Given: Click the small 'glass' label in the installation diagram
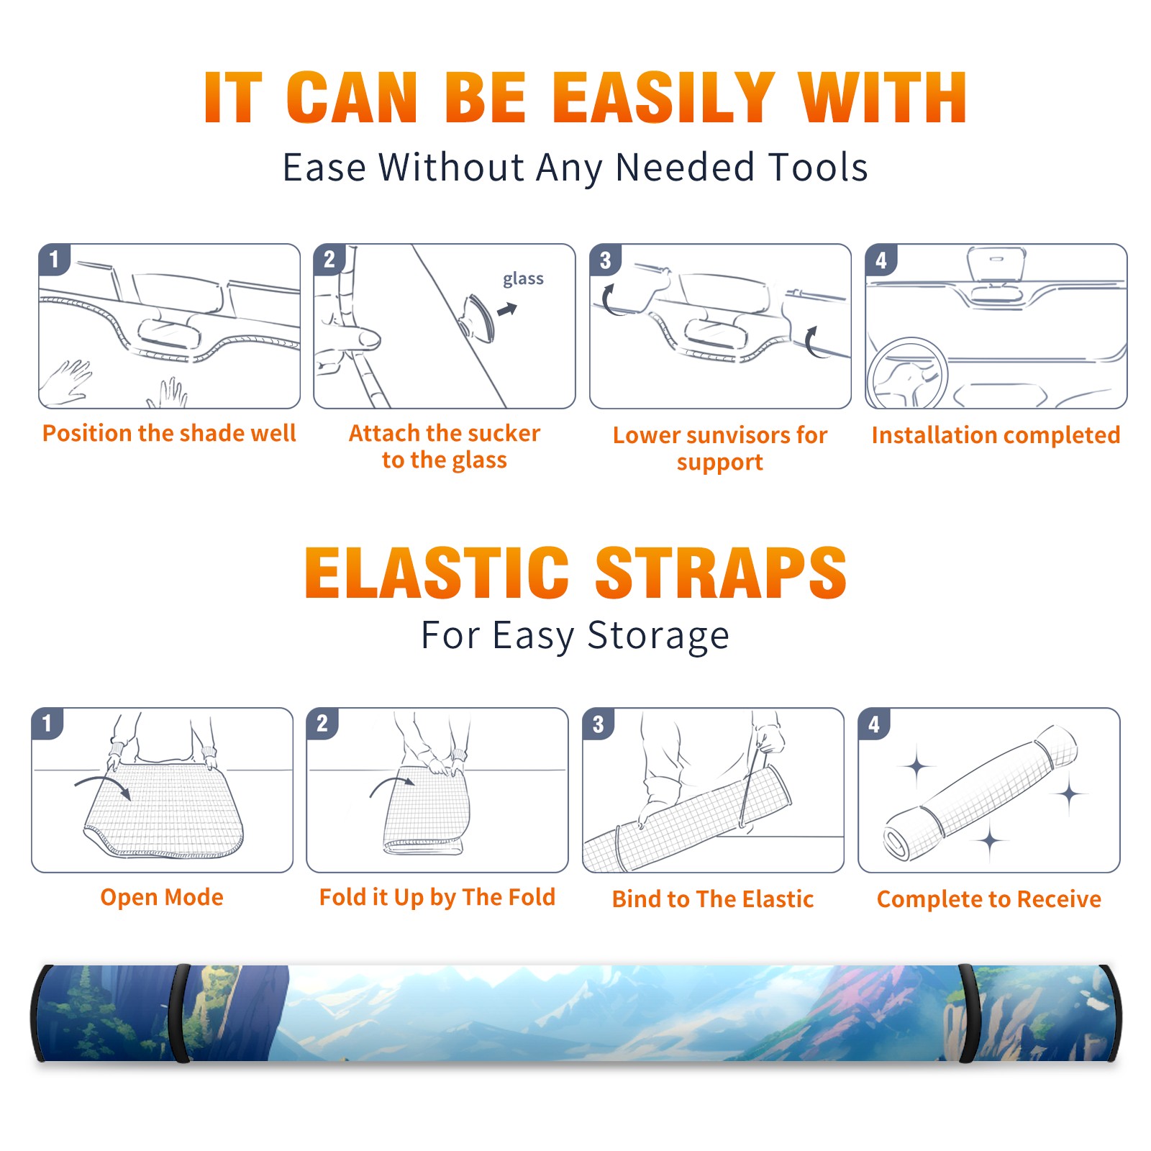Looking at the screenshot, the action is click(x=523, y=278).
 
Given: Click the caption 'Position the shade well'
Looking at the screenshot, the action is click(x=169, y=433).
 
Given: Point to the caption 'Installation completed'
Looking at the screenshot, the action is click(x=996, y=435).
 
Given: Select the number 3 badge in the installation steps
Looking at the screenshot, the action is click(x=605, y=260).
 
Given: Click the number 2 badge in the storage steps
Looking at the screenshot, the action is click(x=322, y=723).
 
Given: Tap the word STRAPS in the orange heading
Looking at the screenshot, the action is click(x=721, y=573).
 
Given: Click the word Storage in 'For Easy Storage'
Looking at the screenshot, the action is click(x=658, y=635).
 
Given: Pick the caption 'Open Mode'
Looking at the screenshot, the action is click(x=162, y=897).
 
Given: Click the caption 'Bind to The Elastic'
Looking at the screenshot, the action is click(x=713, y=899).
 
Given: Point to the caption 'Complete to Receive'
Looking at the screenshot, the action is click(x=989, y=899).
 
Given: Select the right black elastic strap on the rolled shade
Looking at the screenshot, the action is click(x=968, y=1014).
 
